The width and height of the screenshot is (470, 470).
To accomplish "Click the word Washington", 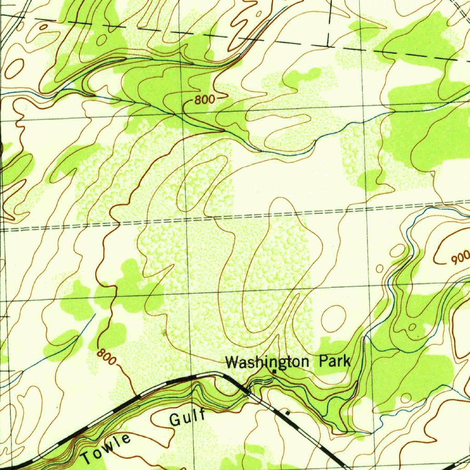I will pos(268,363).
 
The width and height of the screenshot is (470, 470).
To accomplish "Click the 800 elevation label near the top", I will pos(203,100).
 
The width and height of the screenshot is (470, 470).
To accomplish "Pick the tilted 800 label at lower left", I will pos(106,356).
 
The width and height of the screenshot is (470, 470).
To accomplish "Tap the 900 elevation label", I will pos(459,259).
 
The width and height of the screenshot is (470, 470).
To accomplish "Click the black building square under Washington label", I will pos(274,371).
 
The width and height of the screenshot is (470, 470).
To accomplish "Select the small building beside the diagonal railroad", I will pos(288,413).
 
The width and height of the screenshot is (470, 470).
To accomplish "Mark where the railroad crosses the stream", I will pos(248,392).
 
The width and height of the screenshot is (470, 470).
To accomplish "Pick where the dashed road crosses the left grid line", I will pos(4,228).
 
